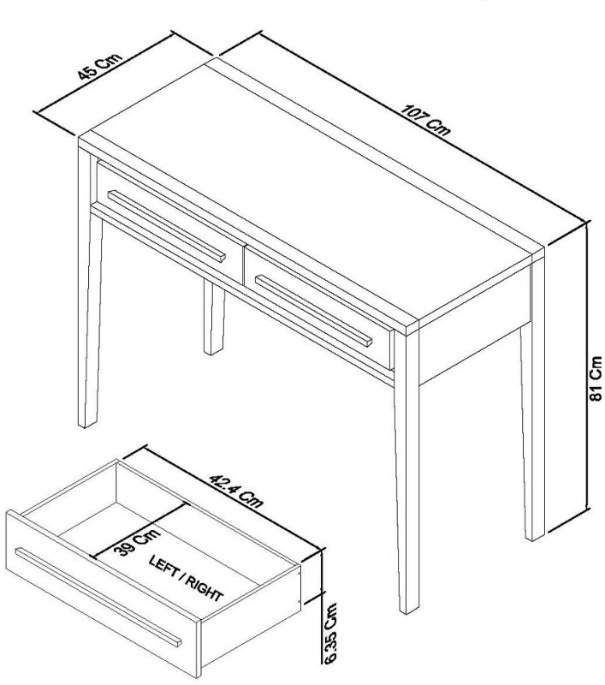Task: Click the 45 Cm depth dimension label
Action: coord(99,67)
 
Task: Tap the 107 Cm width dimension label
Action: coord(424,123)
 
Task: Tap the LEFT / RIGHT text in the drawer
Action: coord(187,580)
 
